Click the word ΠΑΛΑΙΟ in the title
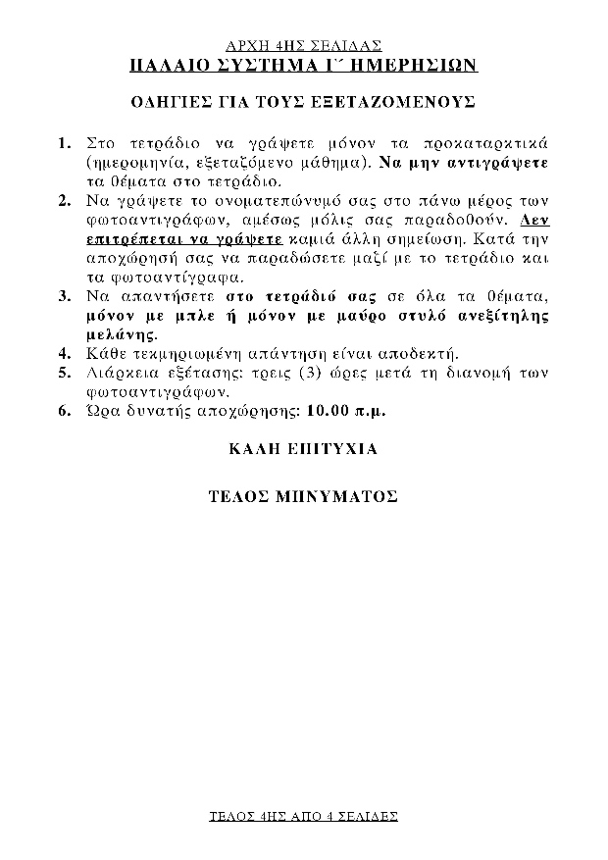click(168, 65)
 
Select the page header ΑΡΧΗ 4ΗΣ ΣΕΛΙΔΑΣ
click(303, 45)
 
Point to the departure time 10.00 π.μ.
click(345, 411)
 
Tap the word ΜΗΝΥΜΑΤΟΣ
click(336, 496)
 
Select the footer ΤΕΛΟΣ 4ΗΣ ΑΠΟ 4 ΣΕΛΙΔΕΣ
click(303, 816)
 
